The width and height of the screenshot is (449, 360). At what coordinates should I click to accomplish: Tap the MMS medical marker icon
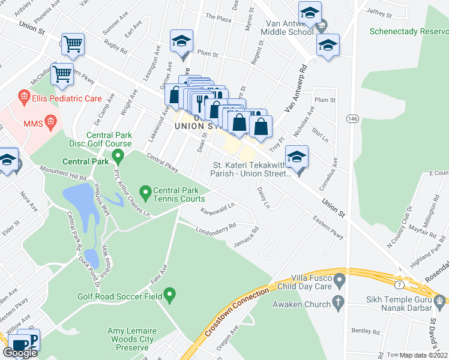51,123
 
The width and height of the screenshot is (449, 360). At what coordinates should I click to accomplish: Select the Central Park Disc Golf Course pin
118,157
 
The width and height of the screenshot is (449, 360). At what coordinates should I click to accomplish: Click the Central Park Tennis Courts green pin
145,193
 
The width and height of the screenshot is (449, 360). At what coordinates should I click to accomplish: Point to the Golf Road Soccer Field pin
169,295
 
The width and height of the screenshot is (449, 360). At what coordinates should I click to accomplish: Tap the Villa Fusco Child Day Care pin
340,280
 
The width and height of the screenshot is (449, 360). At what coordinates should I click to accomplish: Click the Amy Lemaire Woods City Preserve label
127,339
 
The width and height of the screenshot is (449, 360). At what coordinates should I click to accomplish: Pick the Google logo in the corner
20,352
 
